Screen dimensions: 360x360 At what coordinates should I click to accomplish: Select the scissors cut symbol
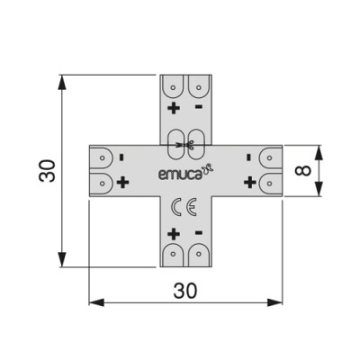185,144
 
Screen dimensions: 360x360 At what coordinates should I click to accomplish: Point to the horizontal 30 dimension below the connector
184,290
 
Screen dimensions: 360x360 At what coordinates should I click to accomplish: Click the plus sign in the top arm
173,109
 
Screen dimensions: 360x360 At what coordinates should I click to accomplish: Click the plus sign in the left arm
122,183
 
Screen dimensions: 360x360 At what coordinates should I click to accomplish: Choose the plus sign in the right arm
248,183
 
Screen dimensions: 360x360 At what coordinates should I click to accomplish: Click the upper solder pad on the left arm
102,157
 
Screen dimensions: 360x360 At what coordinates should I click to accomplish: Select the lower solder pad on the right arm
269,182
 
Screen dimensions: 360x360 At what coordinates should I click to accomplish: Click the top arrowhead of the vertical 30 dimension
61,82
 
